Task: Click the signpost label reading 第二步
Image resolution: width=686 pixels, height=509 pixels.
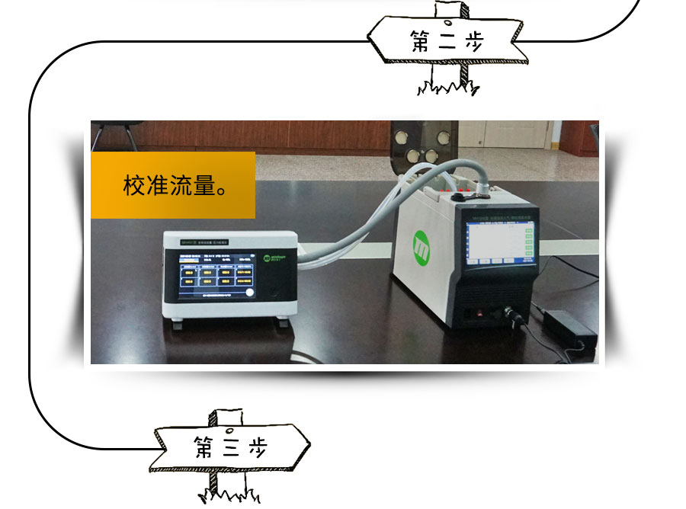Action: click(447, 40)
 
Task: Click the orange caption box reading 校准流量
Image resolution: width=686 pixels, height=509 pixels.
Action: click(173, 185)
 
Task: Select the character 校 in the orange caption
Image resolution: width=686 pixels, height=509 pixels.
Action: click(134, 186)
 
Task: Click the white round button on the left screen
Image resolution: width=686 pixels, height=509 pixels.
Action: click(248, 293)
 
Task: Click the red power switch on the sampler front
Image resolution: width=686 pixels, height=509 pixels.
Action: click(480, 312)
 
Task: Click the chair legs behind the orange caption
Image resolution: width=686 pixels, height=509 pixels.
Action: click(114, 137)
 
